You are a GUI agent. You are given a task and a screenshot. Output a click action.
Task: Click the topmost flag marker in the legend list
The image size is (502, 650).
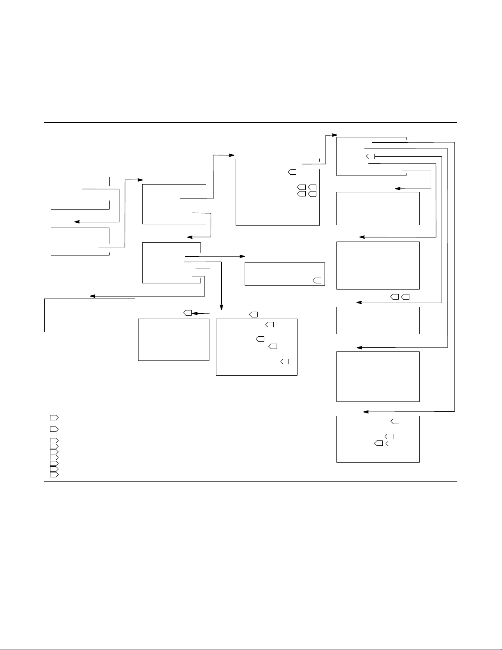(54, 417)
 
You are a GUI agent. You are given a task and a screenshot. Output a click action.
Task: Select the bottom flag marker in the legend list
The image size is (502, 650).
(54, 474)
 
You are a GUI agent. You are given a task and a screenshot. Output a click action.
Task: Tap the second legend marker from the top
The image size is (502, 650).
(54, 429)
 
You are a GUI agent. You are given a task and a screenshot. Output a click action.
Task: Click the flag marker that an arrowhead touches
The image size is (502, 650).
(188, 313)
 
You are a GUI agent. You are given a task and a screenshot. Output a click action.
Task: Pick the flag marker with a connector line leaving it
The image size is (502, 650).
(370, 156)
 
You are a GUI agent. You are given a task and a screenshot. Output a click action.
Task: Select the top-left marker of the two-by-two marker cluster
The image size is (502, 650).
(301, 187)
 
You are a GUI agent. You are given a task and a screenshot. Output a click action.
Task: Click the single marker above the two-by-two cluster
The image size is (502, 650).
(292, 171)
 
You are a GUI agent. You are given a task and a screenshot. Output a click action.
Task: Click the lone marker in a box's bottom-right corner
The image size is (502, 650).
(317, 281)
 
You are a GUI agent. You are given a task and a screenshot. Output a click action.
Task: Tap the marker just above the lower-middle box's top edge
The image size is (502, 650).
(254, 315)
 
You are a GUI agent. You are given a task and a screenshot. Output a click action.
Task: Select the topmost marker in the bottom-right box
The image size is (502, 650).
(395, 421)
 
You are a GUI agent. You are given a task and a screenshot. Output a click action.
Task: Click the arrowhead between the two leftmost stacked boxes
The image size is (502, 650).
(76, 222)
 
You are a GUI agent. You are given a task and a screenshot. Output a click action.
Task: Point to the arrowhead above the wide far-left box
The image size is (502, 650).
(92, 296)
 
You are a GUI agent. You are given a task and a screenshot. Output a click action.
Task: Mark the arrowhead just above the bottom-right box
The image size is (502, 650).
(366, 411)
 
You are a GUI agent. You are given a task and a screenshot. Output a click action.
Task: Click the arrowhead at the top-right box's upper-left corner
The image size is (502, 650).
(335, 135)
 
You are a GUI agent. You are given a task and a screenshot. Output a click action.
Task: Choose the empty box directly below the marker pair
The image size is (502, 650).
(378, 320)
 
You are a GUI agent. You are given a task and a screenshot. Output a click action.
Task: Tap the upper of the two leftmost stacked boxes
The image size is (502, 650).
(80, 193)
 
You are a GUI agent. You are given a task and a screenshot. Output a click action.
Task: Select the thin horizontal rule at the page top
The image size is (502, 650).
(250, 63)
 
